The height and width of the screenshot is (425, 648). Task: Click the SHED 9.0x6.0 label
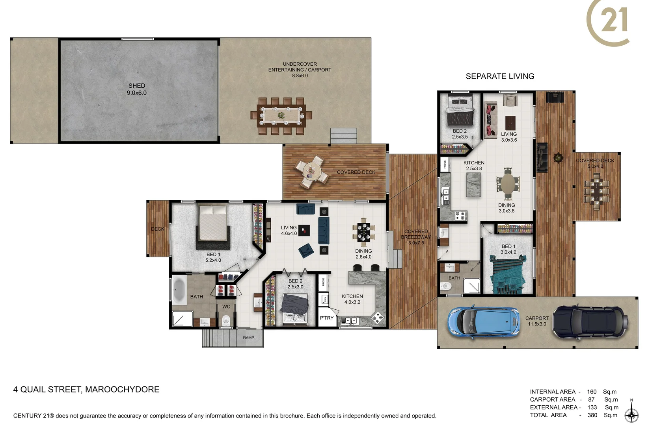(137, 89)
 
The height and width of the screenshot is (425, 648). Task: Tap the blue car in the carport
(483, 322)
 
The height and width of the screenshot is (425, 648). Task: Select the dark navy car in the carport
(590, 322)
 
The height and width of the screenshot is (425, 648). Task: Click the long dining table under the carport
(281, 116)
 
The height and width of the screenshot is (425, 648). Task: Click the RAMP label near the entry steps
(248, 338)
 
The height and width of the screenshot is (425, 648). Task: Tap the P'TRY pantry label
(326, 318)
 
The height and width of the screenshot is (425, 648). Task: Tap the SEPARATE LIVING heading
(500, 76)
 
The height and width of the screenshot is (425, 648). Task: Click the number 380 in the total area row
(592, 415)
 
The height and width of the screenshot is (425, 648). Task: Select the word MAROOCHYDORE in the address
(122, 390)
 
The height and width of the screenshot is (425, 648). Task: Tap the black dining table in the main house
(363, 232)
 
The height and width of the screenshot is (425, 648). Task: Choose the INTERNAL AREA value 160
(592, 392)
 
